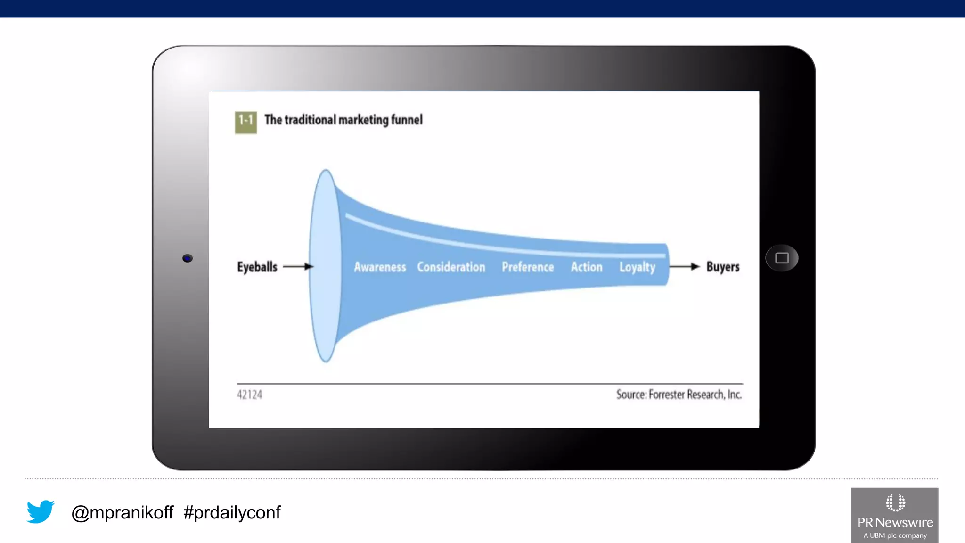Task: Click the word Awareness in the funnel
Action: pos(380,267)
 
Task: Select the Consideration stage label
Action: pos(451,267)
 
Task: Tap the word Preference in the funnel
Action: pos(528,267)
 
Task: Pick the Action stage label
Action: pos(587,267)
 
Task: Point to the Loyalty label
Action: pos(637,267)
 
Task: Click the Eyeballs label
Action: pos(257,267)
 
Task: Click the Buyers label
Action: pos(723,267)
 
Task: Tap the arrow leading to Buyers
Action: pos(685,267)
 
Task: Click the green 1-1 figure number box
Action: pos(245,122)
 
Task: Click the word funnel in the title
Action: pos(407,120)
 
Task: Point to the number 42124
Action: pos(249,395)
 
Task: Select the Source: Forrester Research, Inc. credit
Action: pos(679,395)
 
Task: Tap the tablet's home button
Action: pos(782,258)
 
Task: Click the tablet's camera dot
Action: pos(188,258)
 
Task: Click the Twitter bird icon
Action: pos(41,511)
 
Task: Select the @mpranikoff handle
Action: pos(122,512)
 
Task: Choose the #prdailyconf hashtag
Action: pos(232,512)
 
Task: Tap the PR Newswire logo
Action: pos(894,515)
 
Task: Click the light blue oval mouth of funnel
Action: pos(325,266)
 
